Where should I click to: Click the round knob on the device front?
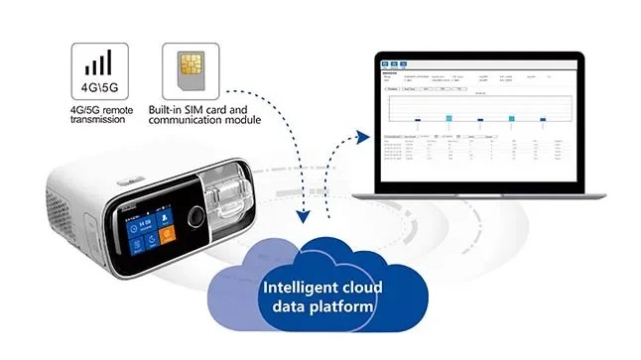click(196, 217)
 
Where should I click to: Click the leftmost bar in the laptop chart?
click(418, 119)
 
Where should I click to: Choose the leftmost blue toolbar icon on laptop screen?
click(386, 61)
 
